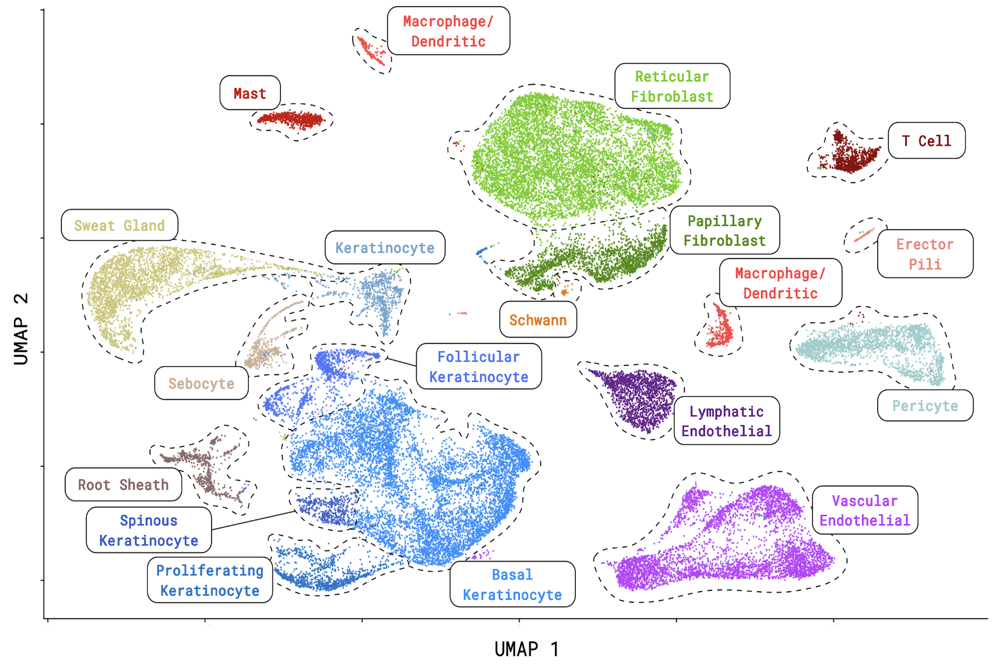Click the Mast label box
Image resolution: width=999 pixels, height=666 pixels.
click(250, 93)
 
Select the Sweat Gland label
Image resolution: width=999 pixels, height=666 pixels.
click(120, 225)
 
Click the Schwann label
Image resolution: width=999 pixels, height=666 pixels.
click(538, 320)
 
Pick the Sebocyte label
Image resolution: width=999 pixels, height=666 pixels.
click(201, 383)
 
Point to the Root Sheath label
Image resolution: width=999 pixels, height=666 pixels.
click(123, 485)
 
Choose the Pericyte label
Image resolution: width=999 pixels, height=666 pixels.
click(925, 406)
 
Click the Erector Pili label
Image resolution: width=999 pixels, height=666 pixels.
click(925, 254)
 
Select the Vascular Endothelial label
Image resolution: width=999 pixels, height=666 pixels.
click(864, 510)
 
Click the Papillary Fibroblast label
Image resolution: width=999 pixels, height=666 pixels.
click(724, 230)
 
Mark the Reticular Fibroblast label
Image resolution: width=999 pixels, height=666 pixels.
click(672, 86)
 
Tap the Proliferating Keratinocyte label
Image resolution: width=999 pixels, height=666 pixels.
click(210, 580)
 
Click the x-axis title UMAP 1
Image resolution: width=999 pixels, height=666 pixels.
click(527, 649)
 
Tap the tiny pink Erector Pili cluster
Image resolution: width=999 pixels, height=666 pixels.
click(864, 235)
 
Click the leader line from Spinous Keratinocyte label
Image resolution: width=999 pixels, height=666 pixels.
click(253, 520)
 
